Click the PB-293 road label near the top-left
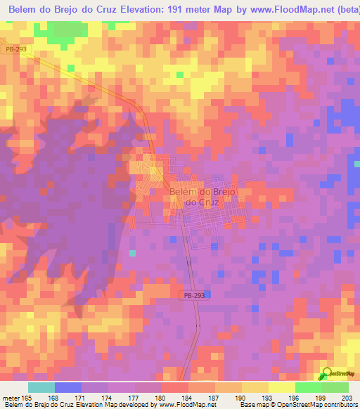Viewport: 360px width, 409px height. (x=13, y=50)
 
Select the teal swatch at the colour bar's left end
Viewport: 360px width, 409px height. (x=41, y=388)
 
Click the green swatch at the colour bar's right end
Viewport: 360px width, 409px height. (x=335, y=388)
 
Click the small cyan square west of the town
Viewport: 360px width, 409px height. (x=131, y=253)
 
